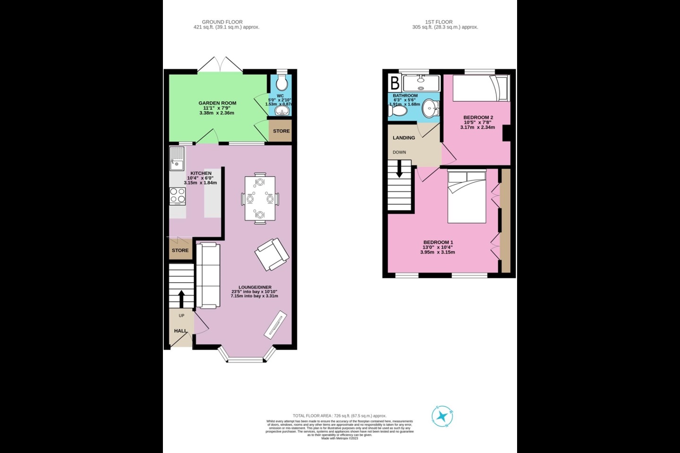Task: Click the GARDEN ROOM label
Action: pyautogui.click(x=217, y=103)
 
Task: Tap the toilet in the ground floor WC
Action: pyautogui.click(x=281, y=84)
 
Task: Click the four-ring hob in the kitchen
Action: pyautogui.click(x=178, y=196)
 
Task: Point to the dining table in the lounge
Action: pyautogui.click(x=260, y=199)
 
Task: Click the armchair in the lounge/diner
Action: pyautogui.click(x=272, y=254)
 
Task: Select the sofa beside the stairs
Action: pyautogui.click(x=208, y=275)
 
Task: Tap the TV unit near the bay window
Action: pyautogui.click(x=275, y=325)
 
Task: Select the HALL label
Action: pyautogui.click(x=180, y=331)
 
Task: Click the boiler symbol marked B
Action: pyautogui.click(x=395, y=83)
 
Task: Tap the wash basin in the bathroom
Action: pyautogui.click(x=430, y=109)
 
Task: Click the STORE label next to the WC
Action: pyautogui.click(x=281, y=131)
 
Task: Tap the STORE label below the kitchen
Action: pyautogui.click(x=180, y=250)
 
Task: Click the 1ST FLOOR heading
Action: pyautogui.click(x=439, y=22)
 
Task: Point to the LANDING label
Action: pyautogui.click(x=404, y=138)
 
